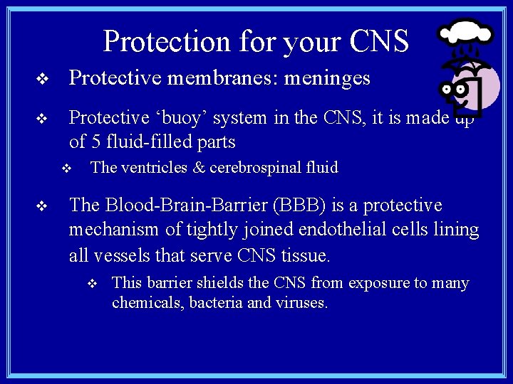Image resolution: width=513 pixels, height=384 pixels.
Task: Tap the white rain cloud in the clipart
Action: (465, 33)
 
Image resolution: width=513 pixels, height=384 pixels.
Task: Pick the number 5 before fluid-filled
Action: (98, 142)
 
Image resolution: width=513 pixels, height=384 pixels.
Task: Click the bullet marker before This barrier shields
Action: (90, 284)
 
